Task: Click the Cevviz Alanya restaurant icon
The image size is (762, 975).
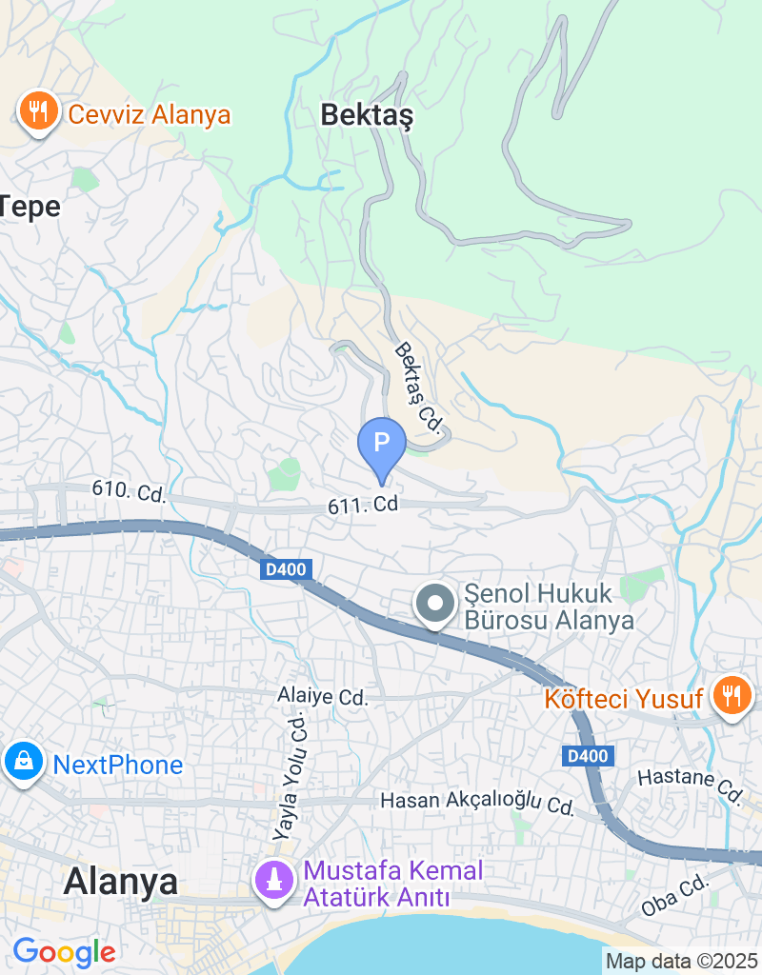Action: [37, 113]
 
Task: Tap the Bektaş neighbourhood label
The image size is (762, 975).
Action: [367, 115]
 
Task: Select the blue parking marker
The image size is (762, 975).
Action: [381, 444]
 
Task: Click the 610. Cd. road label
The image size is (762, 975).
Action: [129, 492]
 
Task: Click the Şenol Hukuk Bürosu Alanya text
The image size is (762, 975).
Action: [549, 608]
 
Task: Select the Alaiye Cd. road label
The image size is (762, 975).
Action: [324, 697]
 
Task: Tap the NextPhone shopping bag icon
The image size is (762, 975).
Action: [20, 762]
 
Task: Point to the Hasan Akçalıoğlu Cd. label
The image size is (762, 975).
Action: [476, 802]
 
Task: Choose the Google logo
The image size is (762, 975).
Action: [64, 951]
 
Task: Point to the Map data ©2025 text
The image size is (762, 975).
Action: [682, 962]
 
